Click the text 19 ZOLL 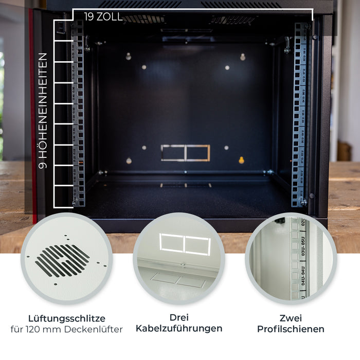[x=103, y=16]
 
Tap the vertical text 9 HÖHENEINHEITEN [x=43, y=111]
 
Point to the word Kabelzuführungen [x=179, y=329]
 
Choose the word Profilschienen [x=291, y=329]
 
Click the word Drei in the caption [x=179, y=317]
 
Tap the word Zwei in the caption [x=291, y=318]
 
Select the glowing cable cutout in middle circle [x=185, y=244]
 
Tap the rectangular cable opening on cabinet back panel [x=185, y=153]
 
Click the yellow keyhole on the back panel [x=241, y=160]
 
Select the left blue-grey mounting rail [x=78, y=113]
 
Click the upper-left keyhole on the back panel [x=129, y=56]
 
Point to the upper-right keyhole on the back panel [x=243, y=57]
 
